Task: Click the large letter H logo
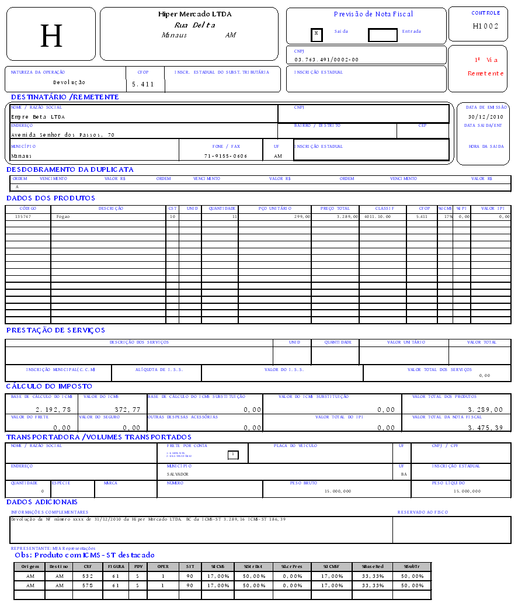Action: (x=51, y=36)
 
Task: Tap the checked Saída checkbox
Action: (x=317, y=34)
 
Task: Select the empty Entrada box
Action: (x=383, y=35)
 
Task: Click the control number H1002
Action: (x=486, y=26)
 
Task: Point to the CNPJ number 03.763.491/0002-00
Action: (x=326, y=60)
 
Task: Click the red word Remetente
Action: (x=485, y=74)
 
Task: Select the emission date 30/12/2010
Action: (x=485, y=117)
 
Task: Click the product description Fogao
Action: (x=63, y=216)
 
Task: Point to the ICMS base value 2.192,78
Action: (x=53, y=410)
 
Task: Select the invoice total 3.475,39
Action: (x=485, y=428)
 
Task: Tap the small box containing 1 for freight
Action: (x=232, y=454)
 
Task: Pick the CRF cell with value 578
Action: (x=88, y=585)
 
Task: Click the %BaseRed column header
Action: (x=373, y=566)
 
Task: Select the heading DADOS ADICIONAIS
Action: (x=42, y=502)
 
